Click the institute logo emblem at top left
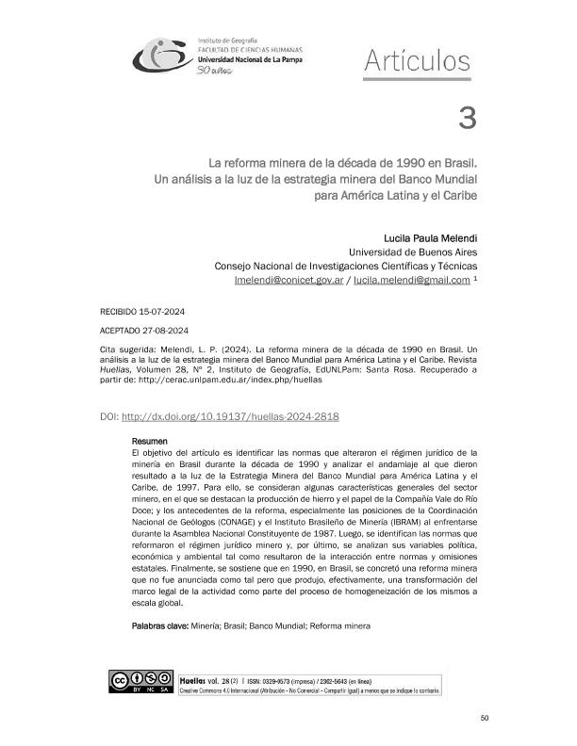(x=161, y=57)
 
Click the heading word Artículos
(x=416, y=62)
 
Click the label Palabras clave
(x=159, y=625)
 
